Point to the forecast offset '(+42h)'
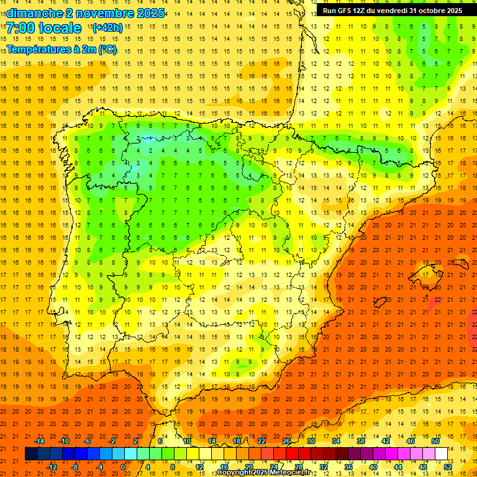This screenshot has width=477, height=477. click(107, 28)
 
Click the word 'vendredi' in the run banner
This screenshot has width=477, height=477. click(391, 11)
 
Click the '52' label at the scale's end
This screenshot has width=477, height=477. click(447, 466)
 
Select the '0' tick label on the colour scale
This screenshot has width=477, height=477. click(122, 466)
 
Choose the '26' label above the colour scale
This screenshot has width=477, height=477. click(286, 441)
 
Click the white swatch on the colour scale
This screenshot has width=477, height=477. click(441, 454)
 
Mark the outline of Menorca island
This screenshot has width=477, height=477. click(460, 263)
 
